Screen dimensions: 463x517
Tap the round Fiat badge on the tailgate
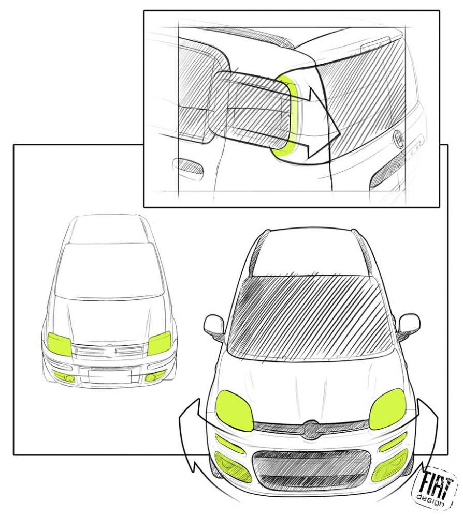(x=399, y=139)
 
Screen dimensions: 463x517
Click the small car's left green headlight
(x=60, y=344)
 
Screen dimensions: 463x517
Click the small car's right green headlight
(x=159, y=343)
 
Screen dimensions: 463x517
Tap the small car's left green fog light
(x=64, y=376)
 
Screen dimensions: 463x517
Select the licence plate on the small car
(x=109, y=374)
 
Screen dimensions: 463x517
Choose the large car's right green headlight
(x=387, y=408)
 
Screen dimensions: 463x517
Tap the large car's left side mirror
(x=214, y=325)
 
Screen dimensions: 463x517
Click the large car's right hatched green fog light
(x=390, y=466)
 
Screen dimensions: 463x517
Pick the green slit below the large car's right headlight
(x=393, y=442)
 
